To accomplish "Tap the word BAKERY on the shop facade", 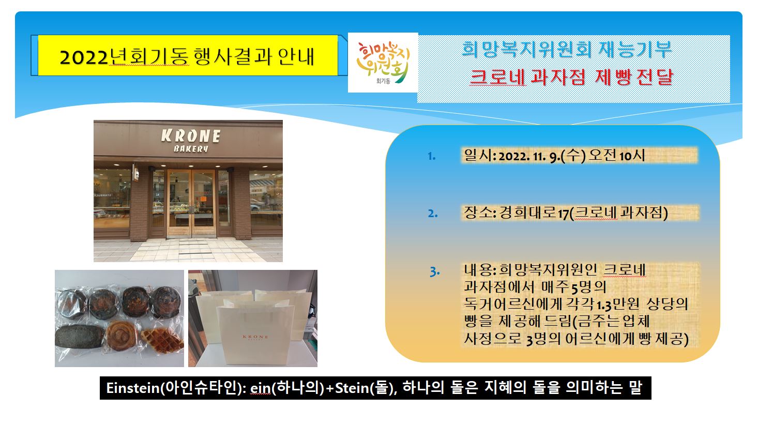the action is (191, 148).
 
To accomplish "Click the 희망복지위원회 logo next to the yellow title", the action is (383, 63).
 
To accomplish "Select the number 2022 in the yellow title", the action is (84, 57).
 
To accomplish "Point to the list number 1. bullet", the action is (431, 156).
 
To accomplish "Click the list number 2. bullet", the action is (433, 214).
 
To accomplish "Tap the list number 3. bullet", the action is (435, 271).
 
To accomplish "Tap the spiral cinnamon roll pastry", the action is (122, 335).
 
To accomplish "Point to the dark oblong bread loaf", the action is (80, 337).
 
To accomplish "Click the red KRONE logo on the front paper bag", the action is (255, 337).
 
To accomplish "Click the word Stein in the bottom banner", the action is (352, 388).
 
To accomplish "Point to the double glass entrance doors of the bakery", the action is (191, 203).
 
